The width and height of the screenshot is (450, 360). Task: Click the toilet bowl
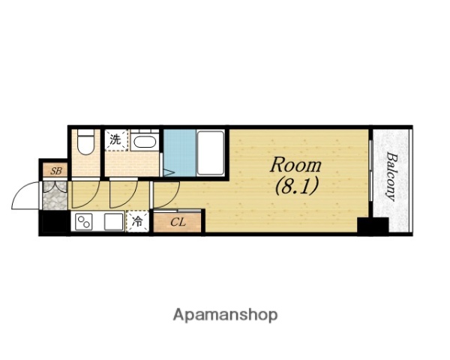point(85,142)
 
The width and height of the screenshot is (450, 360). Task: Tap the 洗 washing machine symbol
point(116,140)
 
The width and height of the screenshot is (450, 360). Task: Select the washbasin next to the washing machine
point(145,142)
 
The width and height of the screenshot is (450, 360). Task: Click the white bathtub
point(211,152)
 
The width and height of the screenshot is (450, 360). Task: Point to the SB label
point(56,171)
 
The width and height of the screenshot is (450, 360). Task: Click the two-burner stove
point(84,222)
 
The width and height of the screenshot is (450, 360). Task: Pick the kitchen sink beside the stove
point(114,222)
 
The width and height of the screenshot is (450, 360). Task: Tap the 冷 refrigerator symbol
point(137,221)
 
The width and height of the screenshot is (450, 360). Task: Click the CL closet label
point(178,222)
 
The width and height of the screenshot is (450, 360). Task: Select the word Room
point(295,165)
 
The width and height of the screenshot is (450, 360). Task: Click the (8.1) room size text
point(297,186)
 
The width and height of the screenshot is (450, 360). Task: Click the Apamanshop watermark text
point(225,315)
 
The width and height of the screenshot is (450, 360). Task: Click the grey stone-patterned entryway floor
point(55,196)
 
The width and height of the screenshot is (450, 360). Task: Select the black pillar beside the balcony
point(373,225)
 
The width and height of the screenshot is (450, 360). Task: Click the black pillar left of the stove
point(55,221)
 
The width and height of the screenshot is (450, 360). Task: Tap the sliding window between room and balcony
point(370,171)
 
